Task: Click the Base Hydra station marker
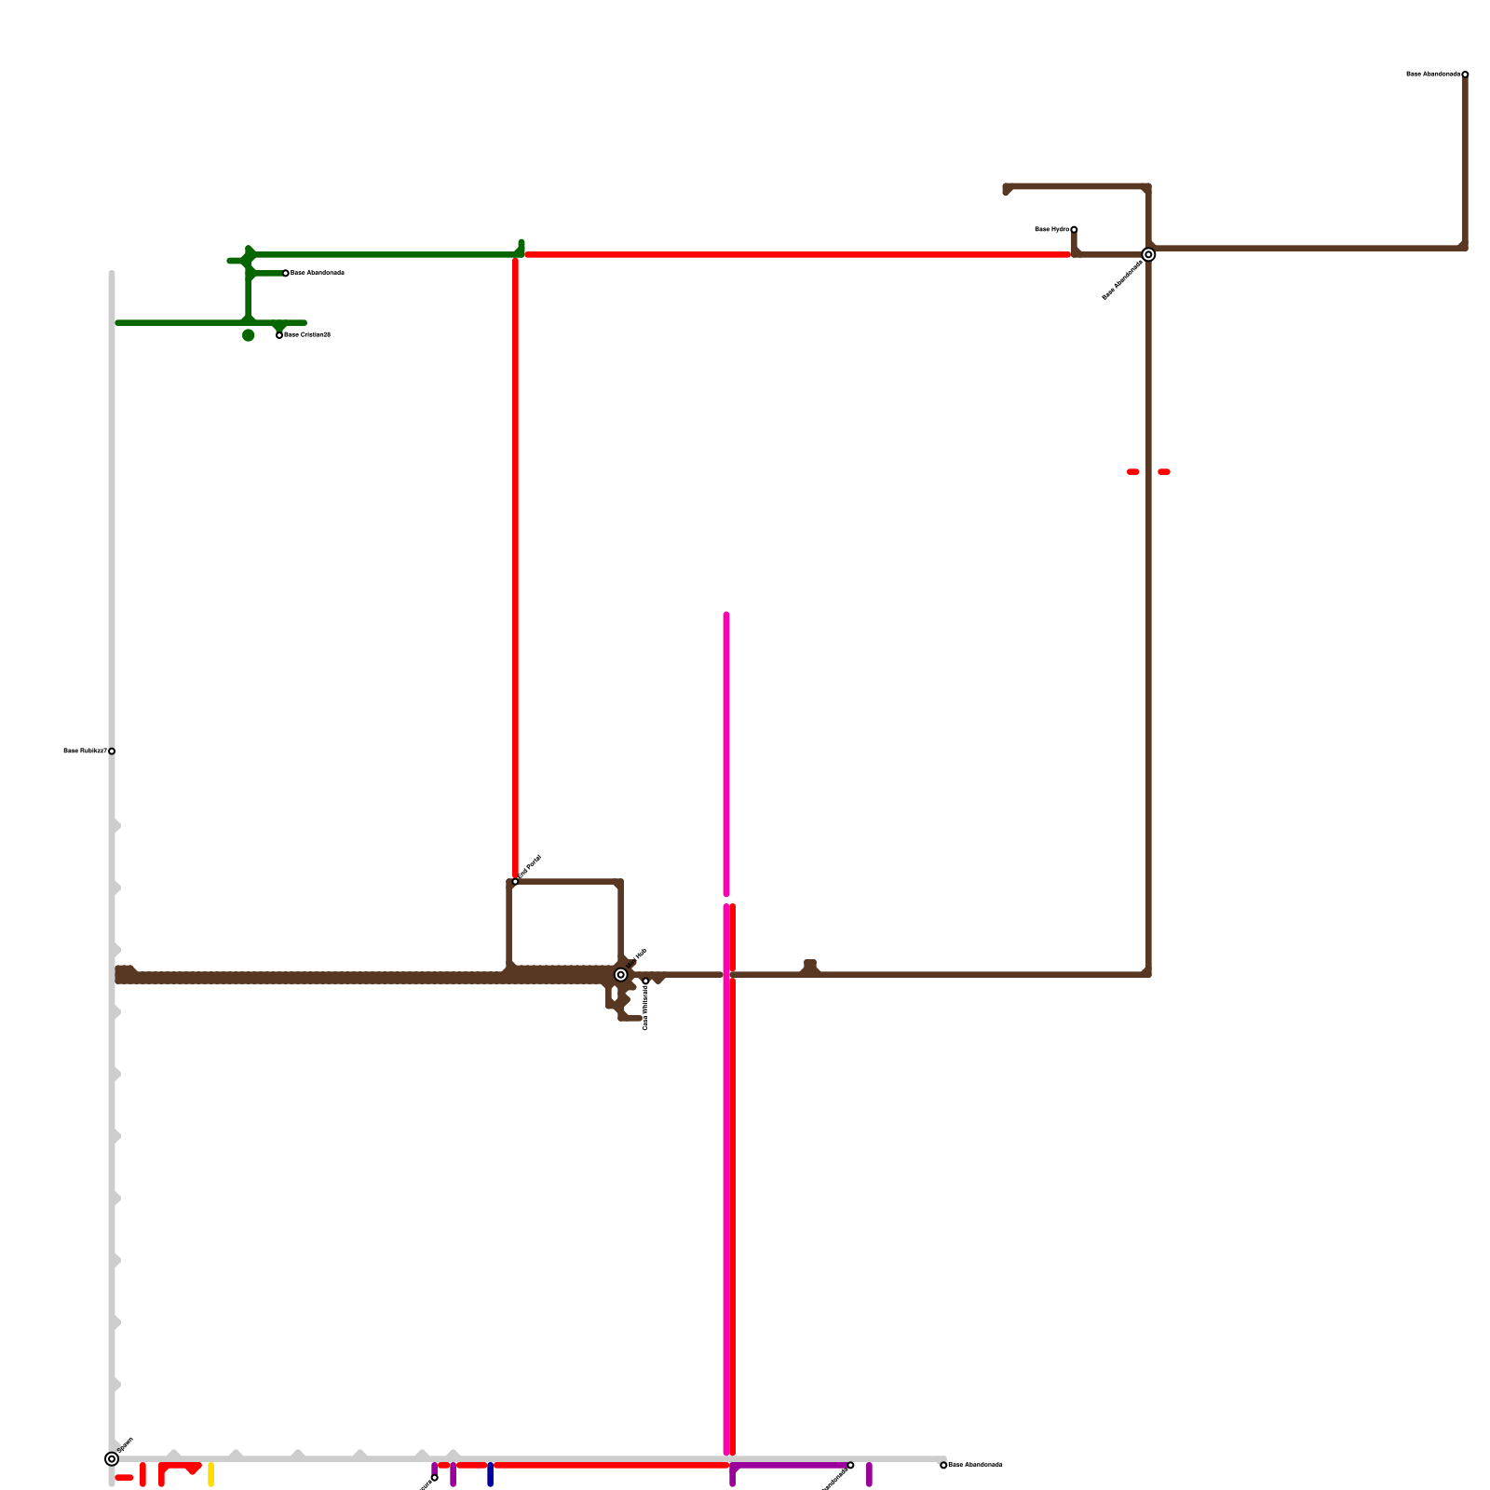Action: click(x=1074, y=229)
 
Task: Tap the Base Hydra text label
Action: click(x=1051, y=229)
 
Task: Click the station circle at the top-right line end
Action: click(x=1465, y=74)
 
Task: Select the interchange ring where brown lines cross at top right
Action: click(x=1148, y=254)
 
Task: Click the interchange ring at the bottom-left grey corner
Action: click(x=112, y=1458)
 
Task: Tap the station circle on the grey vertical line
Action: click(x=112, y=751)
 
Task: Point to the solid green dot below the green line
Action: click(x=248, y=335)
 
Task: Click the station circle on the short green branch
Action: click(x=285, y=273)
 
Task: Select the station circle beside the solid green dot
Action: click(x=279, y=335)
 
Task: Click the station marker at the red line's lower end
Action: click(x=515, y=881)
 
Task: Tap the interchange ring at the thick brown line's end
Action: click(x=620, y=975)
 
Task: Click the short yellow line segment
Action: click(x=211, y=1474)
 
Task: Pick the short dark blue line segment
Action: click(x=490, y=1474)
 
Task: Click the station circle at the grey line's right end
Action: click(x=943, y=1465)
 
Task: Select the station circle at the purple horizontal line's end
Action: click(x=850, y=1465)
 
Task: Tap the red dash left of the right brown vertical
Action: click(x=1132, y=472)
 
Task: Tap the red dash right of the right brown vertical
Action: click(x=1164, y=472)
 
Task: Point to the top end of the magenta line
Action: click(x=726, y=615)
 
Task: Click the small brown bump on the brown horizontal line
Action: click(x=810, y=966)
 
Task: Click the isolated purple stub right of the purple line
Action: click(x=869, y=1474)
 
